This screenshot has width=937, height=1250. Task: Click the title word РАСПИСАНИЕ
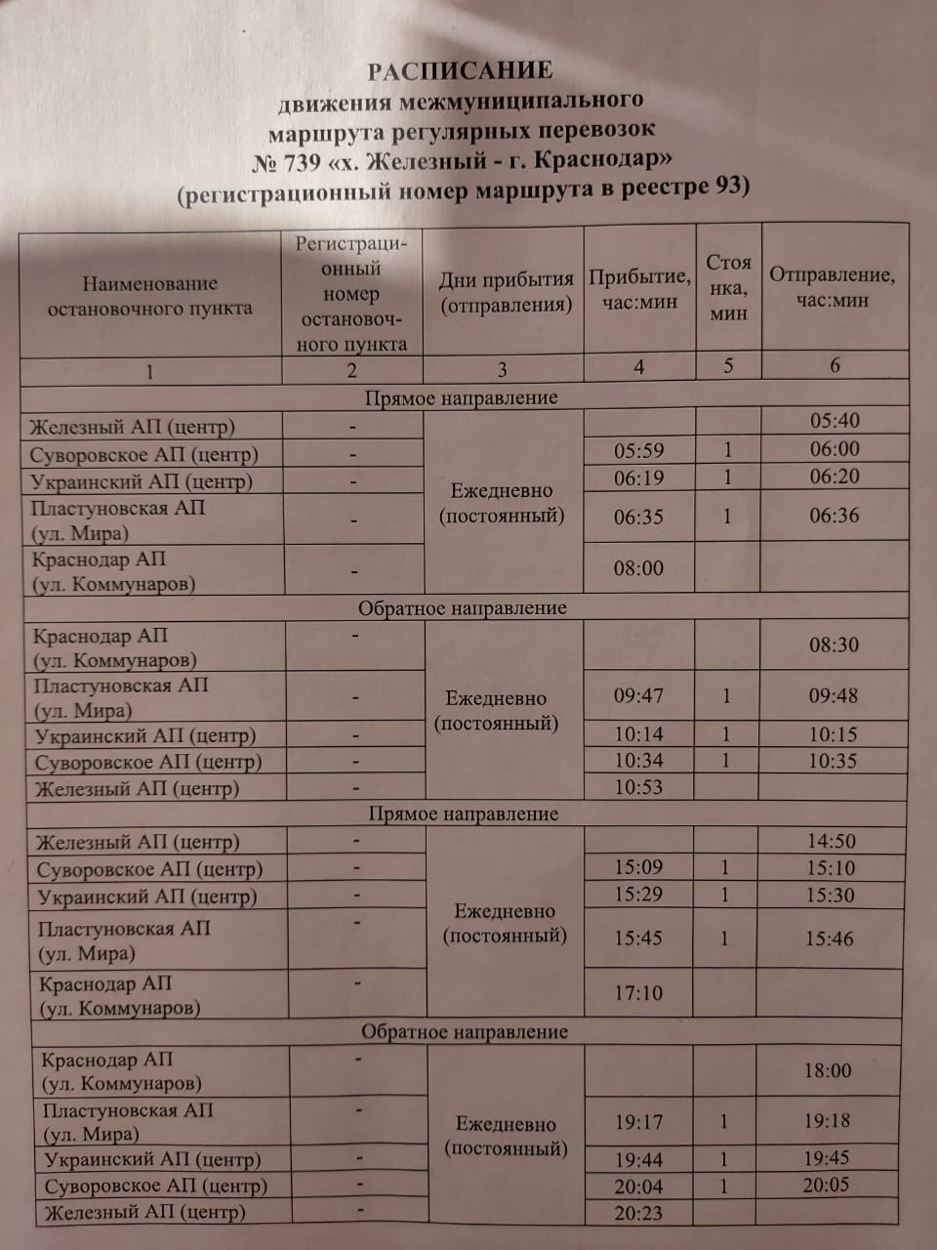[x=460, y=70]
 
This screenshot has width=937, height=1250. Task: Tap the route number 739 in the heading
[x=301, y=160]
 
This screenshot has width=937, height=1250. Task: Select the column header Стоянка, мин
[x=728, y=287]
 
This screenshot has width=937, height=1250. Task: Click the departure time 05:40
[x=835, y=421]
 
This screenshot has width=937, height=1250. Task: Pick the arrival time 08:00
[x=638, y=567]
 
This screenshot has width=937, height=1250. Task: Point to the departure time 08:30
[x=834, y=645]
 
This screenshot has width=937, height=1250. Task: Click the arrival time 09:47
[x=638, y=696]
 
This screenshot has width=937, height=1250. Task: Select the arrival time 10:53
[x=638, y=787]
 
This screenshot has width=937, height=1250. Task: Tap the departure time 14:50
[x=831, y=841]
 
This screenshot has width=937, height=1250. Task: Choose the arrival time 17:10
[x=638, y=993]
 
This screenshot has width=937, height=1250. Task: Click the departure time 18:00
[x=828, y=1070]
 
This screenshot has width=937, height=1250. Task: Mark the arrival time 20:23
[x=638, y=1212]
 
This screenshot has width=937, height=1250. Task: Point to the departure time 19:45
[x=827, y=1158]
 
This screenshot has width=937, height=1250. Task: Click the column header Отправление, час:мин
[x=833, y=287]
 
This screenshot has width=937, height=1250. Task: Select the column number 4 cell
[x=639, y=367]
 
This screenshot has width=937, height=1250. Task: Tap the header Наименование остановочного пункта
[x=150, y=296]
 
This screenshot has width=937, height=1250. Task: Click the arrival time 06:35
[x=638, y=518]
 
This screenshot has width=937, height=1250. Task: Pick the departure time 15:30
[x=830, y=895]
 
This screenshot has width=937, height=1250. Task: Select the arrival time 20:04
[x=638, y=1187]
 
